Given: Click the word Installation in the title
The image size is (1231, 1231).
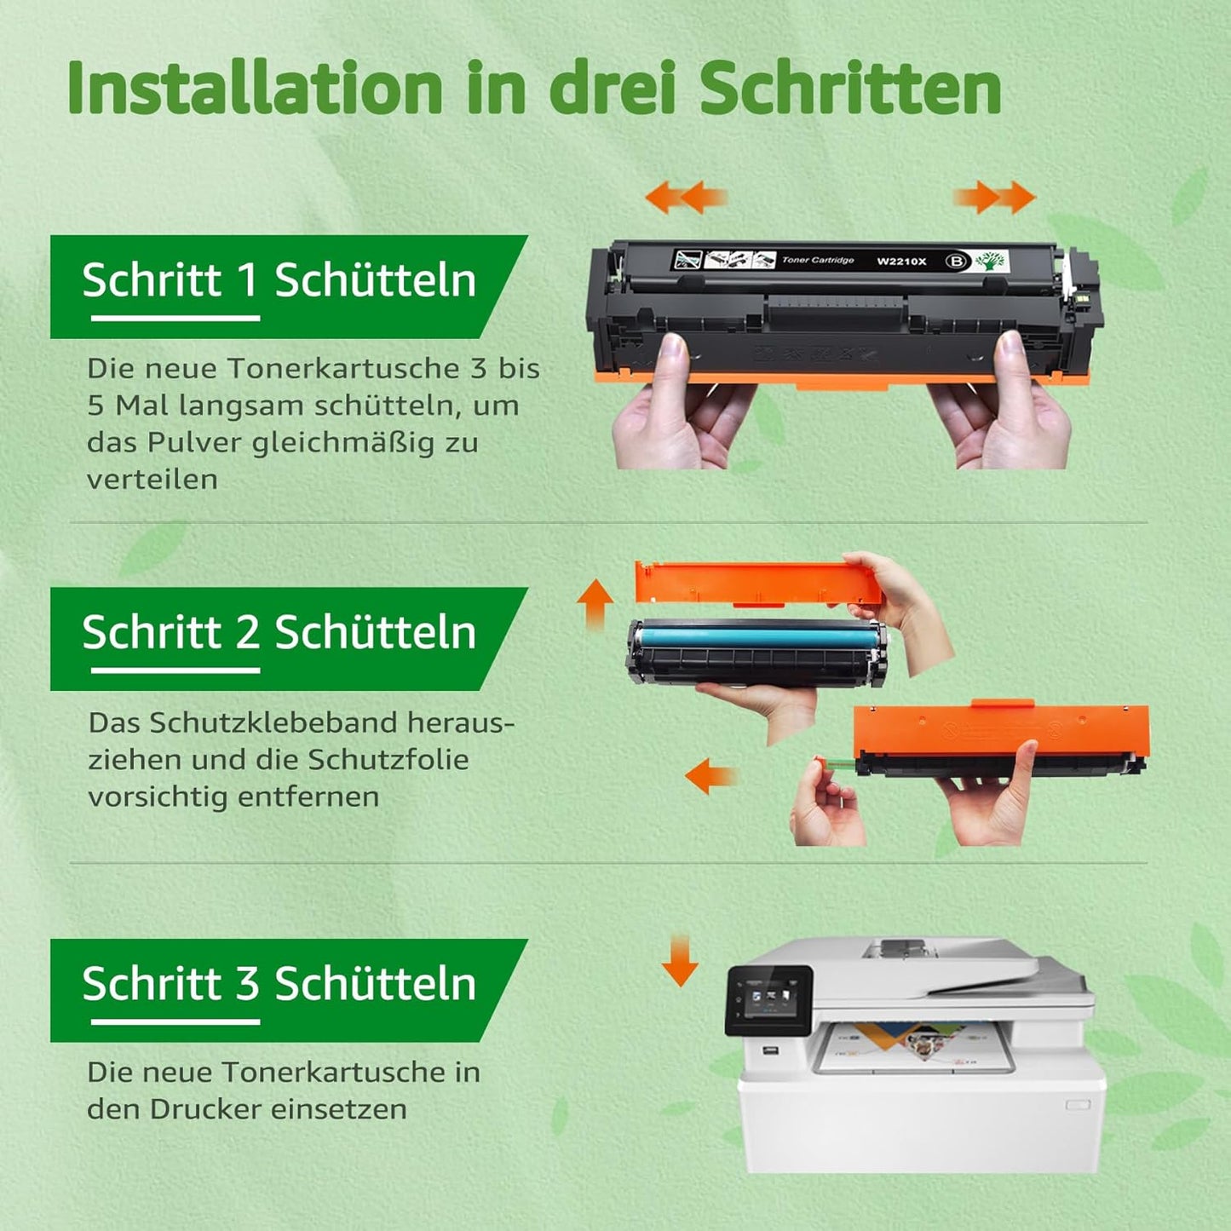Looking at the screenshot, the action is (254, 87).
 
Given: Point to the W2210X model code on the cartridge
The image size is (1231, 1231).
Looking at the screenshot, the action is (901, 261).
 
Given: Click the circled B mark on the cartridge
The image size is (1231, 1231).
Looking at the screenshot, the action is (957, 261).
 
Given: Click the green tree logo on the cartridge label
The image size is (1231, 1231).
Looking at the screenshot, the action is (990, 260).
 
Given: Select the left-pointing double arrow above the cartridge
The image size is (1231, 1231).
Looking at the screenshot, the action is (687, 196).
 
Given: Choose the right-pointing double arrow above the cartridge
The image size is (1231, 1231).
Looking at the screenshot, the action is (994, 196).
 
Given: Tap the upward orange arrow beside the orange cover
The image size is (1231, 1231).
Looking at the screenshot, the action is (595, 604).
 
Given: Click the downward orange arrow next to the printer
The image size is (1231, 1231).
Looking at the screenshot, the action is (680, 961).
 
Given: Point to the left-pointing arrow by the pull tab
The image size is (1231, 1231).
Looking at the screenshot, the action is (710, 776).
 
